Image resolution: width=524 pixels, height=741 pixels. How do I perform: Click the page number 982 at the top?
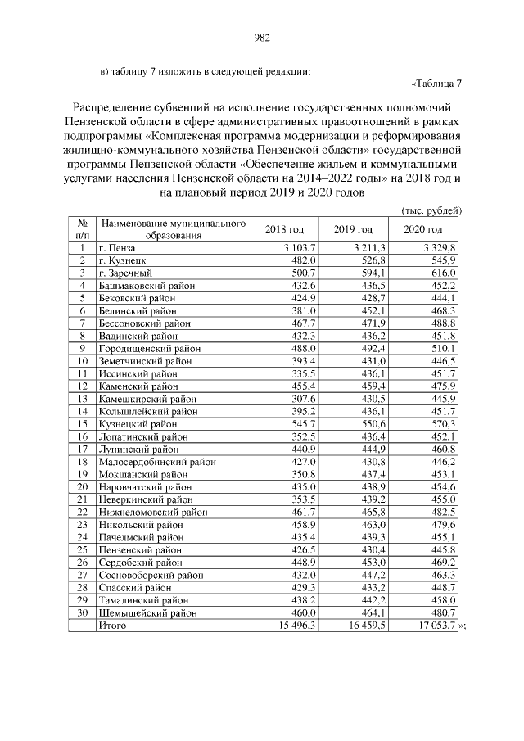coord(262,38)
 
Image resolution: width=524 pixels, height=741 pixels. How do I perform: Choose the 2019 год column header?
coord(354,229)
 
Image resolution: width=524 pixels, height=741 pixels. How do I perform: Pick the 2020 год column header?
coord(423,229)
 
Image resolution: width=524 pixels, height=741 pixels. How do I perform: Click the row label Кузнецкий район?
coord(137,424)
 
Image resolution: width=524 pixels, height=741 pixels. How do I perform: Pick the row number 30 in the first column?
coord(82,613)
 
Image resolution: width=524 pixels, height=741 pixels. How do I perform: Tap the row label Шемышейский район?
coord(147,613)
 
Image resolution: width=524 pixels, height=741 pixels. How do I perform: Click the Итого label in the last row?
coord(112,626)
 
